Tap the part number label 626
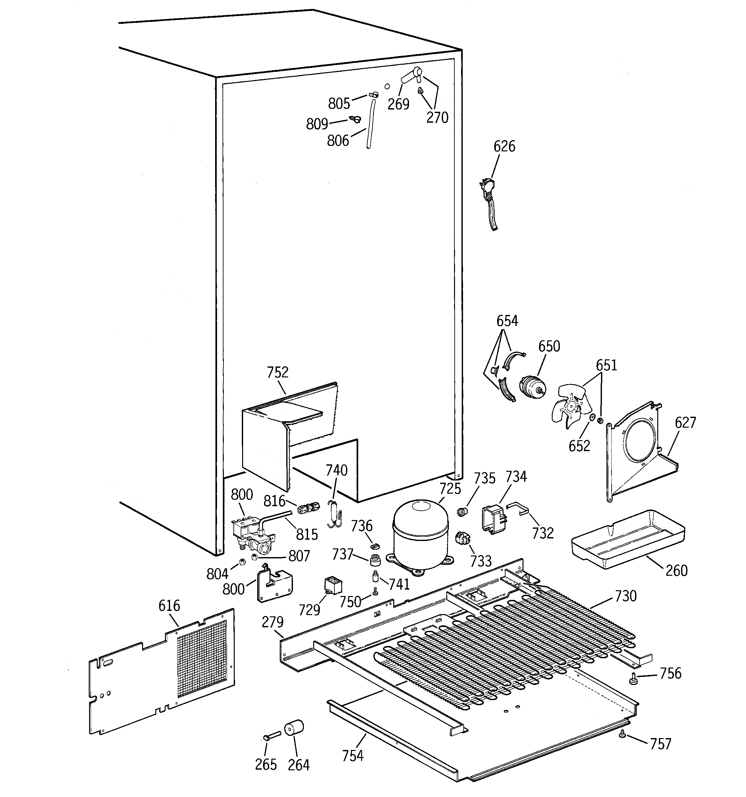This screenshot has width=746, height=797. [504, 146]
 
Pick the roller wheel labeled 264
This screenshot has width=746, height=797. [294, 728]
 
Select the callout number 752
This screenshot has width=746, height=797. [277, 373]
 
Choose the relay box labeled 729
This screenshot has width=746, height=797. [333, 587]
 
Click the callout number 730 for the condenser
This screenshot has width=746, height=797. [625, 596]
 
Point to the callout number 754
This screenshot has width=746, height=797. [353, 756]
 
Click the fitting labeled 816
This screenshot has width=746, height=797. [309, 508]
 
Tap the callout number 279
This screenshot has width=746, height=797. [272, 622]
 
